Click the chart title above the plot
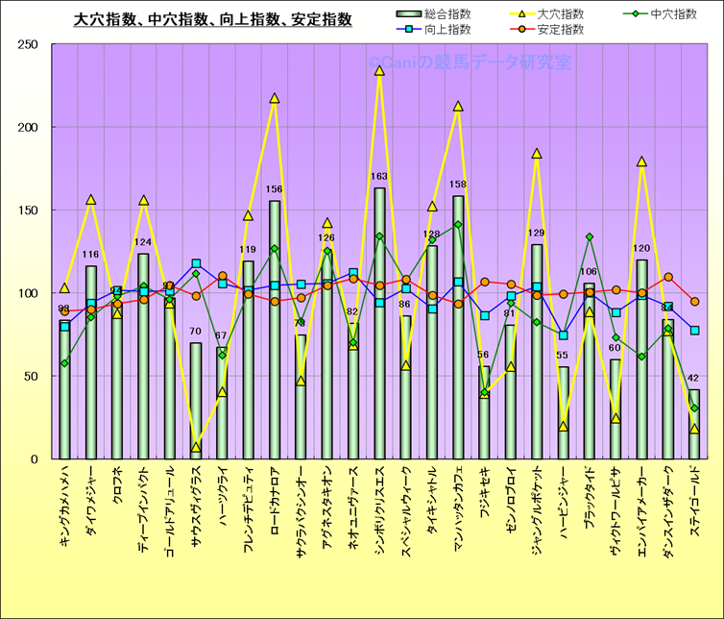click(213, 19)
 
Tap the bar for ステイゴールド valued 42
click(693, 424)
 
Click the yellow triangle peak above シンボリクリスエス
click(379, 70)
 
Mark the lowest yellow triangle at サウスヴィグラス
click(196, 447)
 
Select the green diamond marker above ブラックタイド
click(589, 236)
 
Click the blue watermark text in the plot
click(469, 62)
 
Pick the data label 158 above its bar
click(458, 185)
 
